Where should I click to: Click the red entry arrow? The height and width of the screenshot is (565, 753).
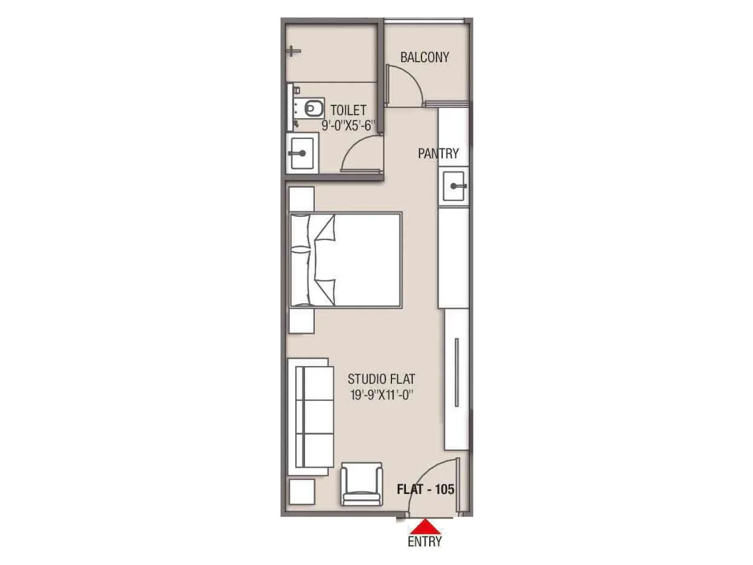pos(425,526)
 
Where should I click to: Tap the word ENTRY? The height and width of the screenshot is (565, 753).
pos(425,541)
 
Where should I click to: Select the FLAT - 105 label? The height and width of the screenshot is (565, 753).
pos(425,489)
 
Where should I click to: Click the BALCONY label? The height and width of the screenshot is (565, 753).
pos(425,57)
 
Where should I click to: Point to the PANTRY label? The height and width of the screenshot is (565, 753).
pos(438,153)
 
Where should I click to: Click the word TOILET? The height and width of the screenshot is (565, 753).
pos(348,111)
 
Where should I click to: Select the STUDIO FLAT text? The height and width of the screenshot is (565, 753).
pos(381,379)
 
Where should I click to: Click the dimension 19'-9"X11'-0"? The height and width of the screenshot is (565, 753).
pos(381,395)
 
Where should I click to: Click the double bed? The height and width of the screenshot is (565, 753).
pos(346,259)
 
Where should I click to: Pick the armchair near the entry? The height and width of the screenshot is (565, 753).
pos(361,484)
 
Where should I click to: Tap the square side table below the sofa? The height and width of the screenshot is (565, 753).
pos(302,492)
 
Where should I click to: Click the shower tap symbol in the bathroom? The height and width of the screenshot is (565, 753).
pos(293,51)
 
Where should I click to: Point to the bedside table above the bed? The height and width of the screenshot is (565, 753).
pos(302,199)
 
